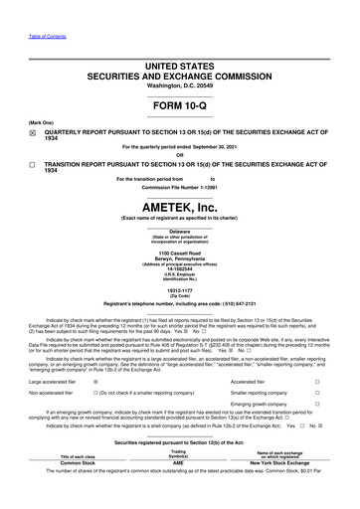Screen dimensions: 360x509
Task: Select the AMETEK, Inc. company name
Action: click(x=180, y=202)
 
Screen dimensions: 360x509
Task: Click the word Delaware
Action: click(x=180, y=232)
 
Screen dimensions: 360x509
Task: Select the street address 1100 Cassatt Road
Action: click(x=180, y=256)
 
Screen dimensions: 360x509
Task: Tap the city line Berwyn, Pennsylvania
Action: click(x=180, y=263)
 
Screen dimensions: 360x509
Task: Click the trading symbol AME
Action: click(x=179, y=490)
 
